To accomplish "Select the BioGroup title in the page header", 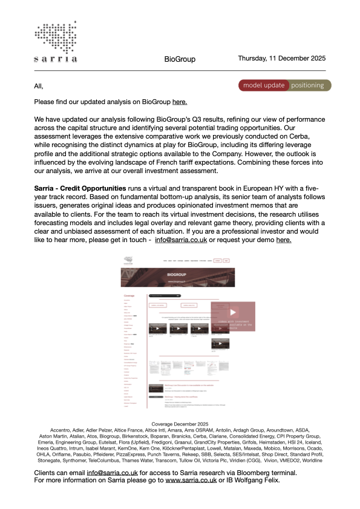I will [x=180, y=59].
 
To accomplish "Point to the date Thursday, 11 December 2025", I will [x=282, y=59].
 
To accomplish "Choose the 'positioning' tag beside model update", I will [x=307, y=85].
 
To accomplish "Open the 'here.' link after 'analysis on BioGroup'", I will [x=180, y=102].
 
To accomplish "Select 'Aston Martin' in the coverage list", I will [x=53, y=436].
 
